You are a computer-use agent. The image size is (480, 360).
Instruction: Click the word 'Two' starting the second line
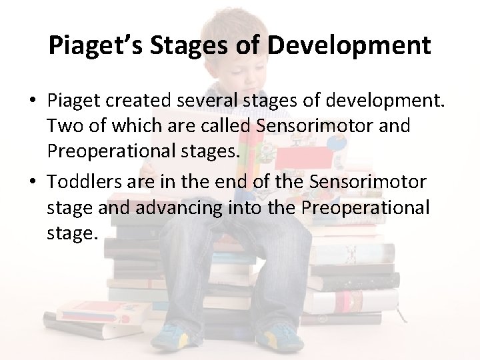(62, 126)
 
